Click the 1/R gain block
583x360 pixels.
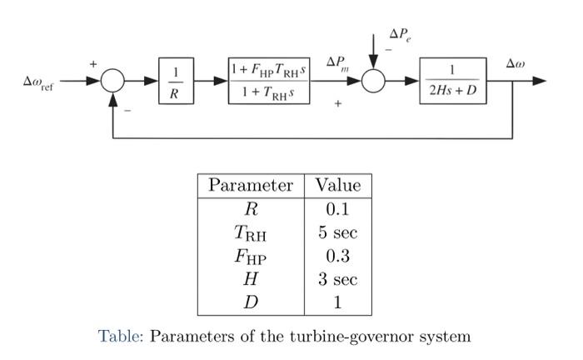click(174, 82)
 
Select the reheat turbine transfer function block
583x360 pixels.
click(270, 81)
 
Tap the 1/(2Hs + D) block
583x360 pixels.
click(452, 81)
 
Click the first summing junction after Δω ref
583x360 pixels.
click(113, 82)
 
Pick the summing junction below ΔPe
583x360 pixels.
click(373, 82)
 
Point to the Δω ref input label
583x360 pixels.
click(38, 82)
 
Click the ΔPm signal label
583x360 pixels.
click(337, 63)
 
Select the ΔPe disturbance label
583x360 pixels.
click(400, 36)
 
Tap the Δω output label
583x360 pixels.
click(516, 63)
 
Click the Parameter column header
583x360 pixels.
click(250, 185)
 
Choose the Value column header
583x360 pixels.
click(337, 185)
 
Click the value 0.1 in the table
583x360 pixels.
click(337, 208)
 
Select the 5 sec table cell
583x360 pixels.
click(337, 232)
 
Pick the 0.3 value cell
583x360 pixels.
click(337, 256)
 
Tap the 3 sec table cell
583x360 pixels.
click(337, 279)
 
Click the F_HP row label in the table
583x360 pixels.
click(250, 257)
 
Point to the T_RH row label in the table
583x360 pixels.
click(250, 233)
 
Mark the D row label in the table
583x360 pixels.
click(250, 302)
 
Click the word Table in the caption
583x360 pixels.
click(121, 337)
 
